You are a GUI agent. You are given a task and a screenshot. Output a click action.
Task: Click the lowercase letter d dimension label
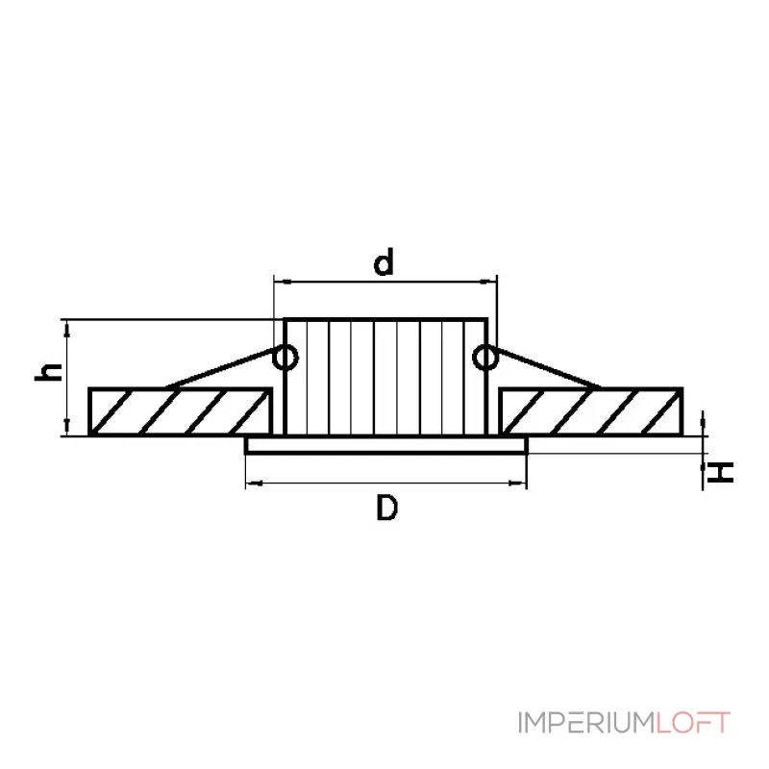pyautogui.click(x=384, y=261)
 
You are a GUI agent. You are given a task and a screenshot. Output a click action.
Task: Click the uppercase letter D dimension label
pyautogui.click(x=385, y=509)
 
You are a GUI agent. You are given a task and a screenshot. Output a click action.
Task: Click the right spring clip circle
pyautogui.click(x=485, y=358)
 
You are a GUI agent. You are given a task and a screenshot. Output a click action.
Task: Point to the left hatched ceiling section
pyautogui.click(x=178, y=410)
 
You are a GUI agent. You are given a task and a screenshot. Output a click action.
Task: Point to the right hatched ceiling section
pyautogui.click(x=591, y=410)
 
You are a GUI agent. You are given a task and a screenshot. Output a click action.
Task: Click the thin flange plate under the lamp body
pyautogui.click(x=385, y=446)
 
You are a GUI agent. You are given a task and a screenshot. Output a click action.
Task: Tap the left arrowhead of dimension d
pyautogui.click(x=282, y=283)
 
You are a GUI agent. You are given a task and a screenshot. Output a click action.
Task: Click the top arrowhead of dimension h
pyautogui.click(x=66, y=327)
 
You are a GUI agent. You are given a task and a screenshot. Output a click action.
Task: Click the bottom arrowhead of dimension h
pyautogui.click(x=66, y=428)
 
